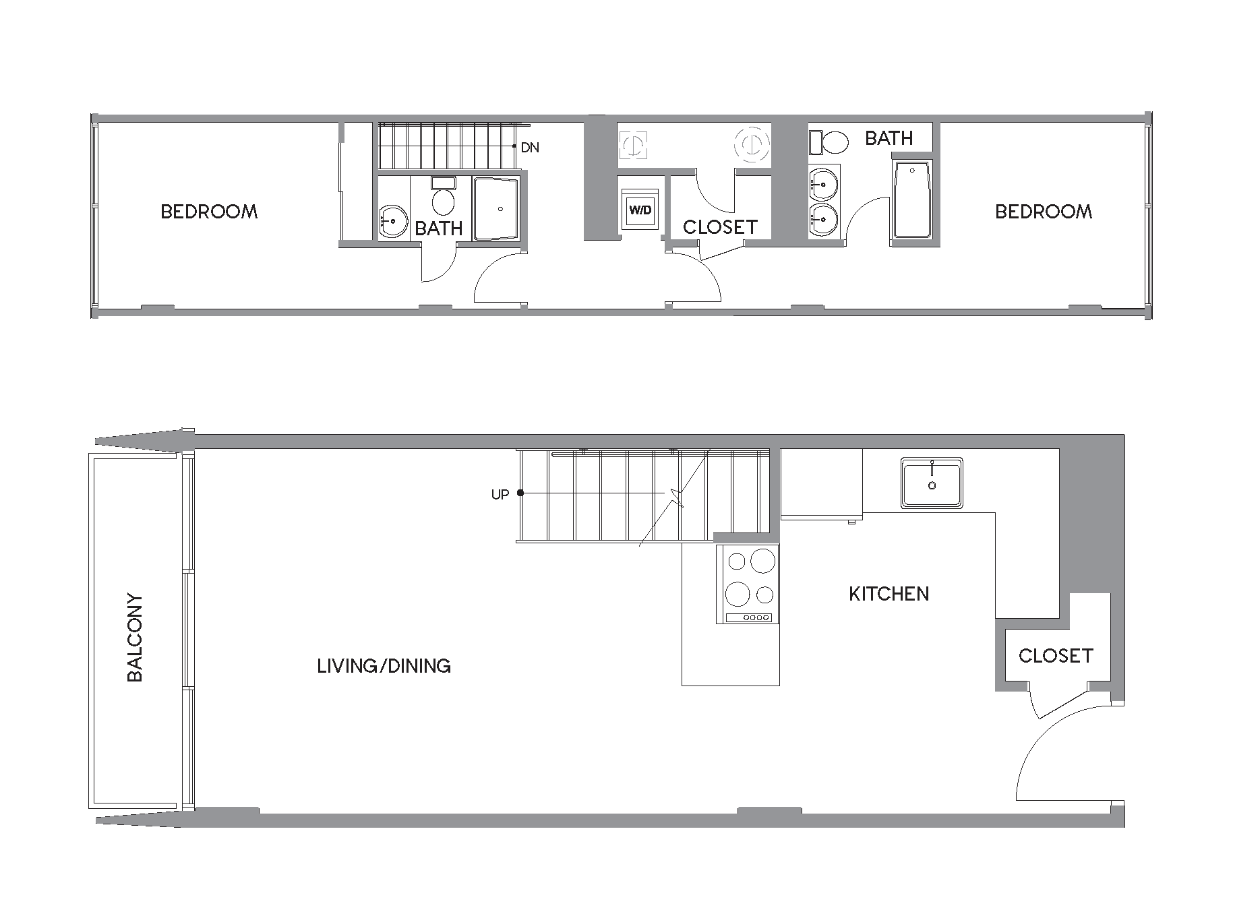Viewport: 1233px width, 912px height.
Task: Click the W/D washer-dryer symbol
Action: click(640, 210)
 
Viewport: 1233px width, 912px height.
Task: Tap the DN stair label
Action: click(530, 147)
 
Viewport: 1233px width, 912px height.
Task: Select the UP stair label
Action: click(500, 495)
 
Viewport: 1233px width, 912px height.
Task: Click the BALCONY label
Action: click(135, 637)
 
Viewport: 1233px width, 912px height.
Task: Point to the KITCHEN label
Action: click(889, 594)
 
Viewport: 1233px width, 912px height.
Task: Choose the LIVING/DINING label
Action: click(384, 666)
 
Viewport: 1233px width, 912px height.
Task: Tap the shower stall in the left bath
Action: click(496, 208)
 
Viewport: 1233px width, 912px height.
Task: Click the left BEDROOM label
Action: click(209, 212)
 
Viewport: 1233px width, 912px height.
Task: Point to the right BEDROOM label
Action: click(1043, 212)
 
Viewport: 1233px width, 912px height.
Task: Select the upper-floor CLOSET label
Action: click(720, 227)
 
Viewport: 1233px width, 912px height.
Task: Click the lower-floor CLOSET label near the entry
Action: click(1055, 655)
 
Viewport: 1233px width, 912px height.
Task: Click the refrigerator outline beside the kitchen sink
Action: click(821, 483)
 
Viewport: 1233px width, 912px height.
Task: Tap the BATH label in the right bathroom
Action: click(889, 138)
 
